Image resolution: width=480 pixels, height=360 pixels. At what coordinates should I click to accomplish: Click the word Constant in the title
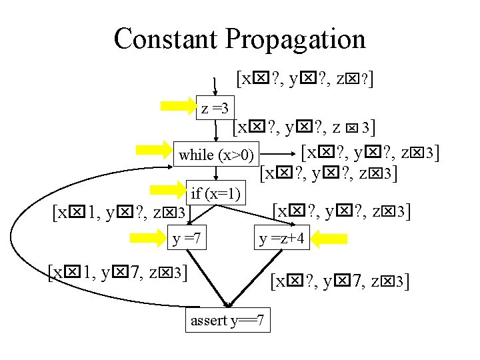166,39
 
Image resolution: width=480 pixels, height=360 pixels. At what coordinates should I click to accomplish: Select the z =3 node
215,107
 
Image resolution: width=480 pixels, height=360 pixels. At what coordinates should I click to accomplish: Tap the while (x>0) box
217,155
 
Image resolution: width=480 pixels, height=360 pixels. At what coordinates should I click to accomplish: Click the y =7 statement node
187,238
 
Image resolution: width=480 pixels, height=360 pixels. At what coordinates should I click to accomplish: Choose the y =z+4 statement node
281,238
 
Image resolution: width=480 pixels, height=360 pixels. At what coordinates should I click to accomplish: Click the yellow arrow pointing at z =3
179,106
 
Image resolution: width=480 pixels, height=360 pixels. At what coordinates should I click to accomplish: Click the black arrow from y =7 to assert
210,276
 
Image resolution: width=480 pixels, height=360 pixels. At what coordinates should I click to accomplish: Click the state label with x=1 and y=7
117,273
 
